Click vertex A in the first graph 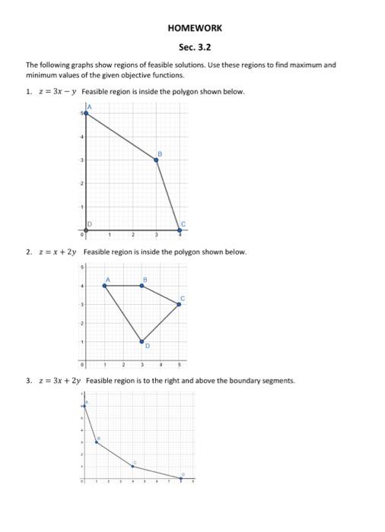[85, 112]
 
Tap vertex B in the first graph [157, 160]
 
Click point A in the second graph [104, 286]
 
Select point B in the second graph [142, 286]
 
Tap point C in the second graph [179, 304]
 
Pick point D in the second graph [142, 342]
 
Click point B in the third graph [97, 442]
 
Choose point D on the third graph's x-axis [181, 478]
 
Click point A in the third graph [84, 407]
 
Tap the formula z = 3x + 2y [59, 380]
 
